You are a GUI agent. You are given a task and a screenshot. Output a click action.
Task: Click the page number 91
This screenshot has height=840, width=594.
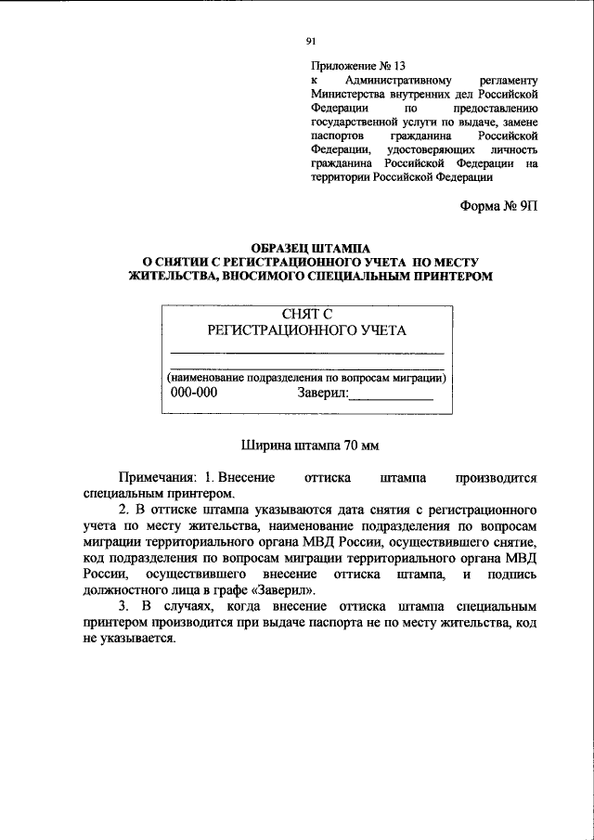(x=310, y=40)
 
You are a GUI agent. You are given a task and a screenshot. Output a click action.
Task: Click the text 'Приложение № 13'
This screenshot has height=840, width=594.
(x=358, y=67)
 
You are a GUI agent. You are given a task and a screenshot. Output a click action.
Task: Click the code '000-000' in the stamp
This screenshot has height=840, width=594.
(x=196, y=392)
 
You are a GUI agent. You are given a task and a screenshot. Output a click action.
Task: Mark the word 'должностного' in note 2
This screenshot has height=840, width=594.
(x=123, y=590)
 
